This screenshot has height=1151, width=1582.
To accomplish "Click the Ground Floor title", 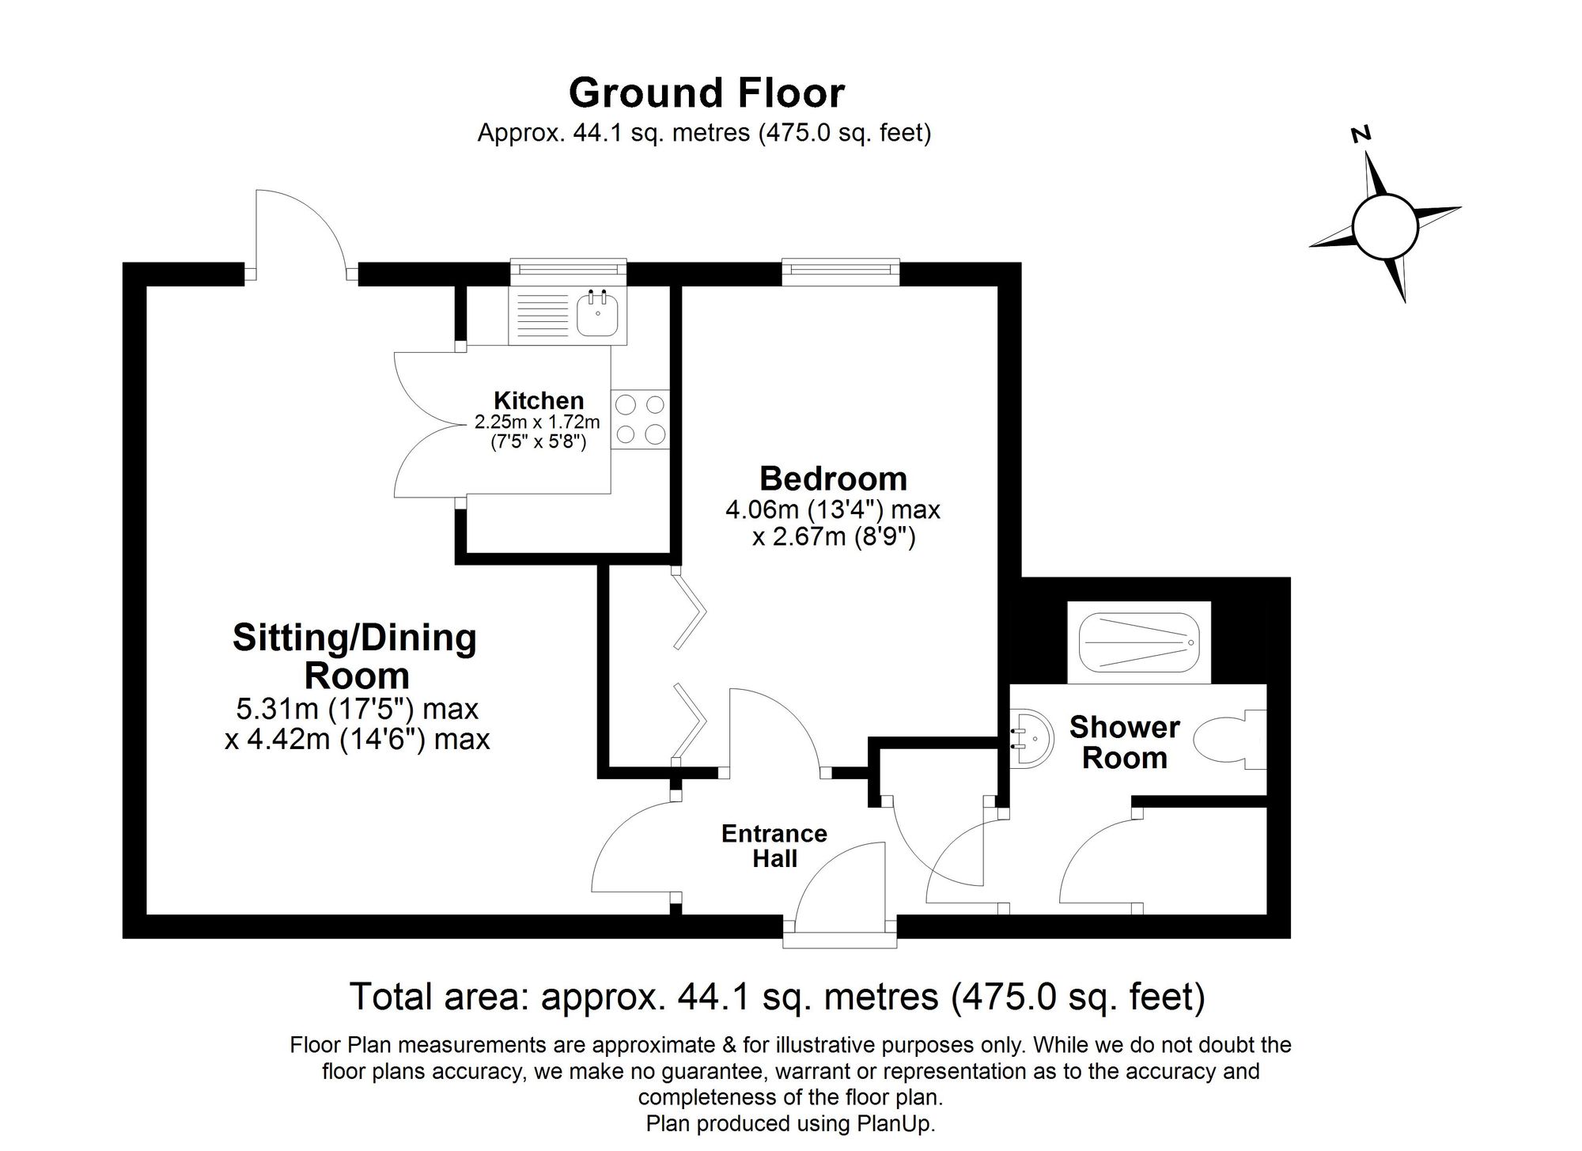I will [x=706, y=93].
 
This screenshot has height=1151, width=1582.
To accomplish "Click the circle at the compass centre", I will [x=1384, y=226].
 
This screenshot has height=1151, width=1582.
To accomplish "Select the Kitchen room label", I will [x=538, y=400].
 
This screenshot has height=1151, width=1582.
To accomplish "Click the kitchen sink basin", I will [x=598, y=314].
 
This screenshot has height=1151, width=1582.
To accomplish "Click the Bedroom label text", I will [x=833, y=479].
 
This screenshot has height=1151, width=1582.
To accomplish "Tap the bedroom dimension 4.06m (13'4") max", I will [x=833, y=509].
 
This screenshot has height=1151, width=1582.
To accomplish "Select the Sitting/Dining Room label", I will [x=355, y=657].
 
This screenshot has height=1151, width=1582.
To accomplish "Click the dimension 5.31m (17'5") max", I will [x=357, y=709].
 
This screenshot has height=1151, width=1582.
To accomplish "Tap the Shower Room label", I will [x=1124, y=742].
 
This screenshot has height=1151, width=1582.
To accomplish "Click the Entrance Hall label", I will [x=774, y=846].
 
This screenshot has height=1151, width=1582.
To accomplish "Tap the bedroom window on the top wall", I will [x=841, y=272].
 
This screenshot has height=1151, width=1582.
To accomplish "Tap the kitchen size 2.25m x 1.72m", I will [x=537, y=422].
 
